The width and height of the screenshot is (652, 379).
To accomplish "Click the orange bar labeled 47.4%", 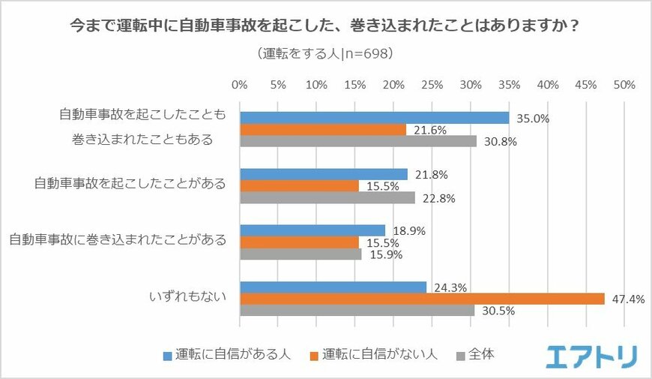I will [422, 299].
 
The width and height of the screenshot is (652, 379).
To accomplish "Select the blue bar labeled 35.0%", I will [374, 118].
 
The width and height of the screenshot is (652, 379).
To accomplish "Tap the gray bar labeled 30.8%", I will [358, 140].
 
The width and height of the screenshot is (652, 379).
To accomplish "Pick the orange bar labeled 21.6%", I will [323, 129].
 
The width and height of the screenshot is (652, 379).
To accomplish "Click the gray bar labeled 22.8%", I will [327, 197].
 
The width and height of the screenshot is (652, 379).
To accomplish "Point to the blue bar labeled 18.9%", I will [313, 231].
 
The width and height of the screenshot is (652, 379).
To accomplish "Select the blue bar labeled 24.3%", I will [333, 287].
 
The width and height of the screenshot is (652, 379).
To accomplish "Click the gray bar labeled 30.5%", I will [357, 310].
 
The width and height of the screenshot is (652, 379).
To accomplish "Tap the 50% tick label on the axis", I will [625, 86].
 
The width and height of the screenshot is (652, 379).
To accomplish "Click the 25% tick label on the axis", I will [432, 86].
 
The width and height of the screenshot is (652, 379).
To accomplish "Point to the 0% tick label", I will [240, 86].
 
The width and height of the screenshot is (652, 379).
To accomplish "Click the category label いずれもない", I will [192, 299].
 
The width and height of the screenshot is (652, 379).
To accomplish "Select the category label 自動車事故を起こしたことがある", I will [130, 185].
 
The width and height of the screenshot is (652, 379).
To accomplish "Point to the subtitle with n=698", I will [325, 54].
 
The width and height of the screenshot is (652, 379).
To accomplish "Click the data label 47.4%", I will [621, 299].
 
